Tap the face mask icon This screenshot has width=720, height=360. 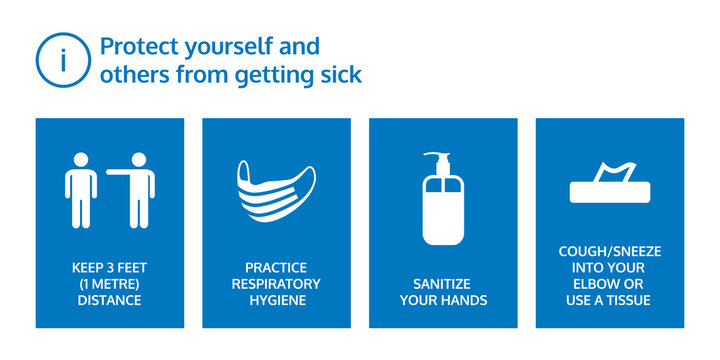point(276,187)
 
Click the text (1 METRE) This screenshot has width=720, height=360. point(110,284)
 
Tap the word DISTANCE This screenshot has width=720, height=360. point(110,300)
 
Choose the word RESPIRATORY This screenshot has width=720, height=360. point(277,284)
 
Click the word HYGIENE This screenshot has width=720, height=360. point(277,300)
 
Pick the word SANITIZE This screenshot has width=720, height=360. point(443,284)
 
